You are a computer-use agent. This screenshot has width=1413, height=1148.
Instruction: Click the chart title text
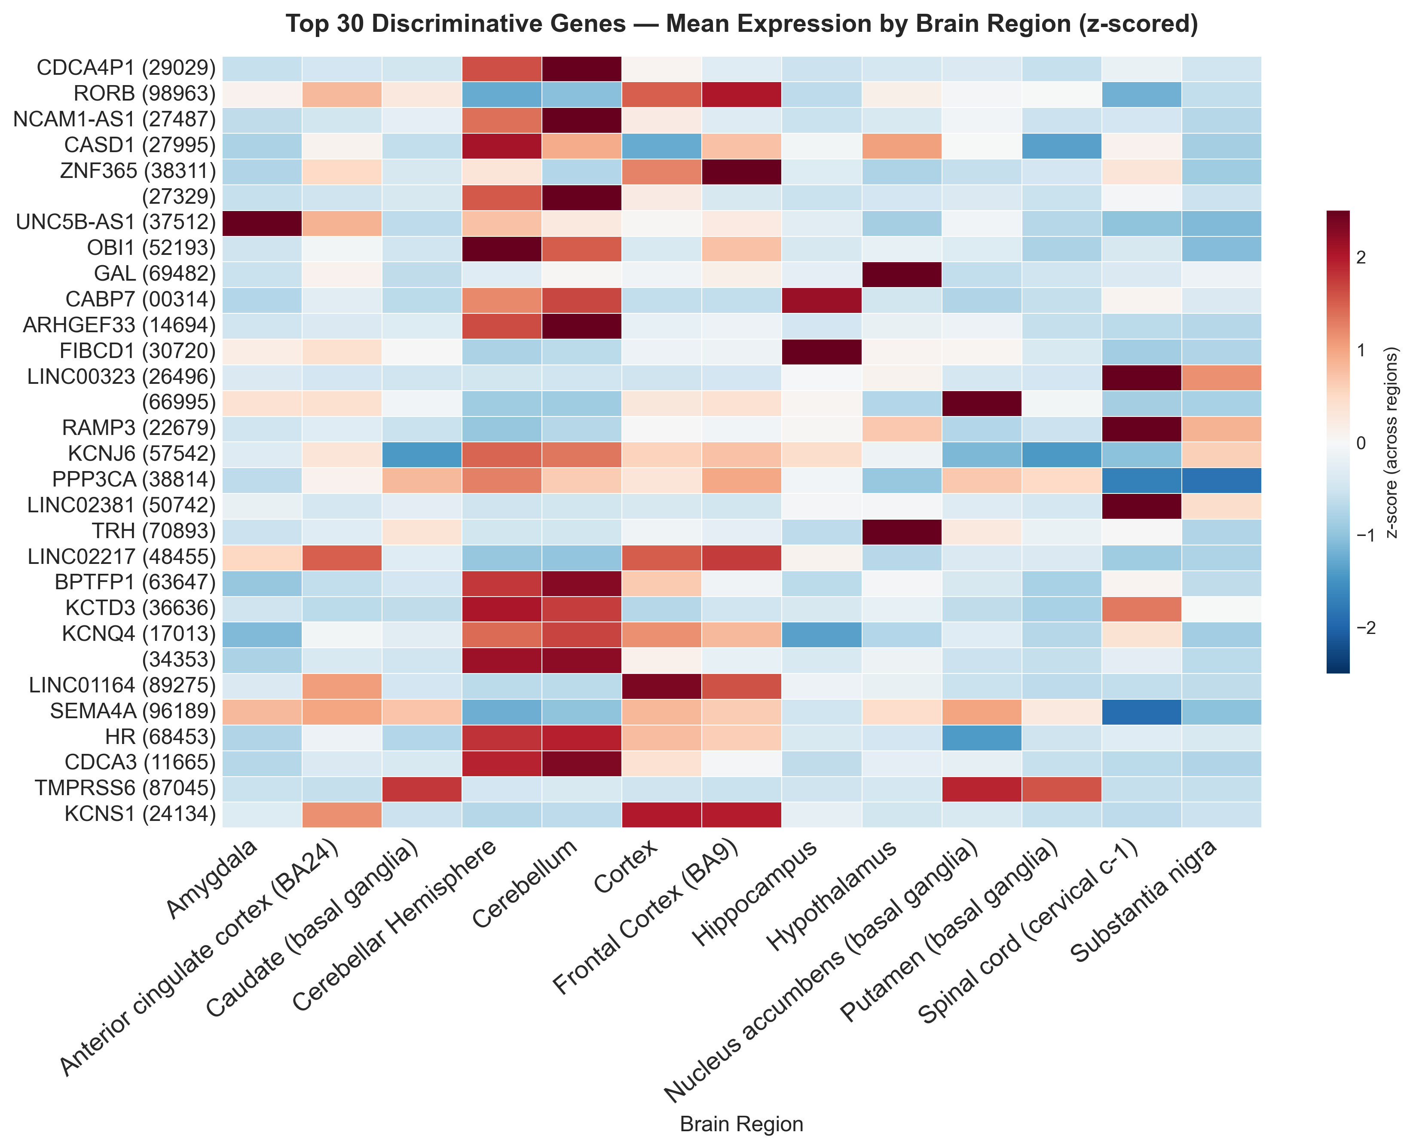point(741,24)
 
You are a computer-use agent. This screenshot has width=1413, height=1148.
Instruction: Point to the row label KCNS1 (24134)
point(140,814)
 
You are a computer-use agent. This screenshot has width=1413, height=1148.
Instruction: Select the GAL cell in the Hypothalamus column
point(901,274)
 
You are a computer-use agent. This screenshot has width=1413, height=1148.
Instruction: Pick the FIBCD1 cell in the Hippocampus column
point(821,351)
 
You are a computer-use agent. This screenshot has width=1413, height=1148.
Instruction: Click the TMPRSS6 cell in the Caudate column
point(422,788)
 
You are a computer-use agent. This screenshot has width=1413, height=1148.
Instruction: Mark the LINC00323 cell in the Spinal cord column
point(1141,377)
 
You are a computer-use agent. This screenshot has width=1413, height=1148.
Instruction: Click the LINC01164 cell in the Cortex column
point(661,685)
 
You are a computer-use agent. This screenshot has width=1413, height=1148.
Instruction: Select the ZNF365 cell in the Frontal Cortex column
point(741,171)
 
